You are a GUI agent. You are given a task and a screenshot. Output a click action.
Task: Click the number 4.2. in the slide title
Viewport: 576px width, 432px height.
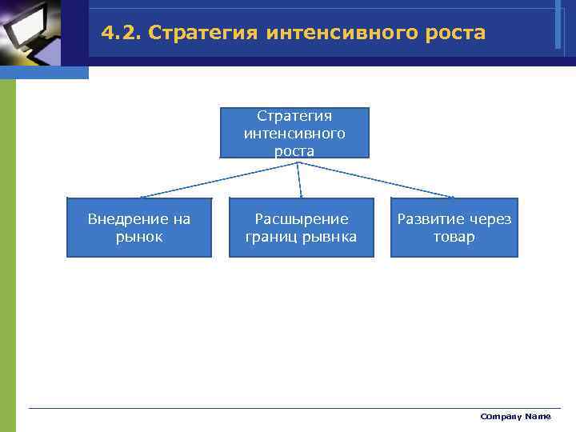[x=121, y=34]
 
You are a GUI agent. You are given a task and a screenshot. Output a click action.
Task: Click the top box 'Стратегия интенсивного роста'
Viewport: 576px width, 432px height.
[x=294, y=133]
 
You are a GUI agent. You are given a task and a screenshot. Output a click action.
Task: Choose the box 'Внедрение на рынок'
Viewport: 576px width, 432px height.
[x=138, y=227]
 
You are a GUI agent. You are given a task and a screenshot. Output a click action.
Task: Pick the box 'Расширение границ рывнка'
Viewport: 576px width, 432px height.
[x=301, y=227]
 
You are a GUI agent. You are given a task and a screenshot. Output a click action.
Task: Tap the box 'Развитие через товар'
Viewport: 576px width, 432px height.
[x=454, y=227]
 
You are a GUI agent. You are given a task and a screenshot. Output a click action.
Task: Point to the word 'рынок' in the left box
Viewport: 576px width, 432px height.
[x=138, y=237]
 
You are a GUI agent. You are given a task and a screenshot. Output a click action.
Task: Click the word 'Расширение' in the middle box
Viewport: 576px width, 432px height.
[x=302, y=218]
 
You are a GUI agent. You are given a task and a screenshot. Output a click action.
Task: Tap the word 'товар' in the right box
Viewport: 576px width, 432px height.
[x=454, y=237]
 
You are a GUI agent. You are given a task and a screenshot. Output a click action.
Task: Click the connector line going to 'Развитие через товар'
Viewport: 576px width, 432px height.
[x=376, y=179]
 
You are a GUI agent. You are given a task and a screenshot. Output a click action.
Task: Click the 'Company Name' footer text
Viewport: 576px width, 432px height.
[x=515, y=416]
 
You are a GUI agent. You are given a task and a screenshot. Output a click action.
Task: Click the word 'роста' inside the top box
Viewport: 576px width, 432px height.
[x=294, y=150]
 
